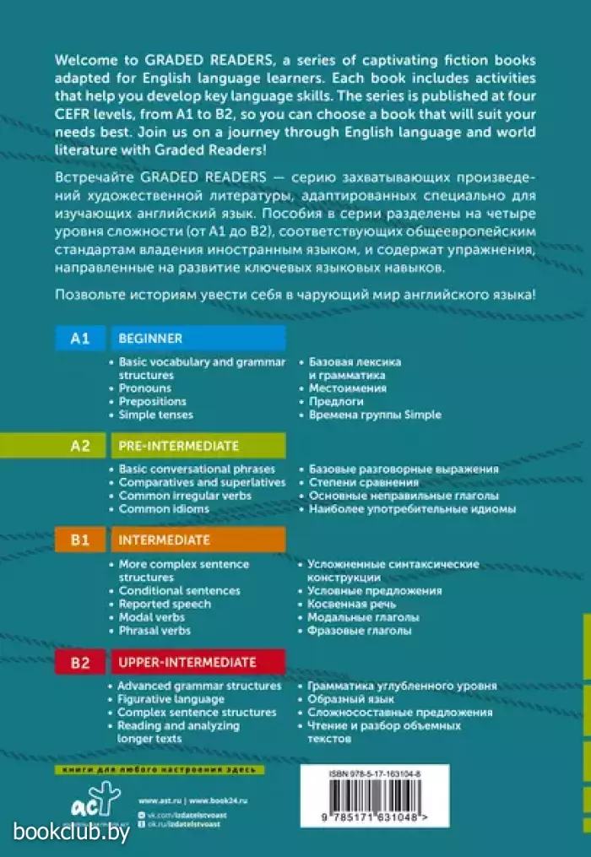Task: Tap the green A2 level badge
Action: coord(79,446)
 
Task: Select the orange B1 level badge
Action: coord(79,540)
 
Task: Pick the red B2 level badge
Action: coord(79,662)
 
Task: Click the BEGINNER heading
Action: coord(150,339)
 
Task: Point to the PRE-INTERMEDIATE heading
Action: coord(178,446)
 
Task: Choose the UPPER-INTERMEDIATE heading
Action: coord(187,662)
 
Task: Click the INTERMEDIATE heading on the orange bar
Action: coord(165,540)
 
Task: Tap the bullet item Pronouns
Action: coord(144,388)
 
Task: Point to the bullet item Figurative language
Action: coord(171,700)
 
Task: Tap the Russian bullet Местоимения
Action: coord(347,388)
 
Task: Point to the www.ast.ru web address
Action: coord(155,800)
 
